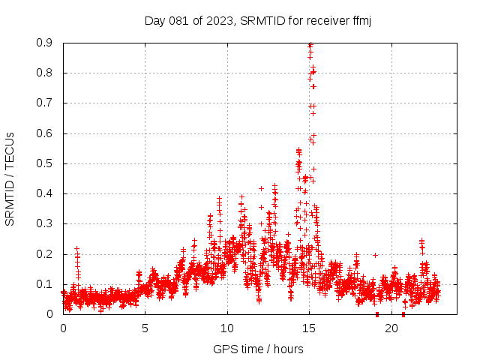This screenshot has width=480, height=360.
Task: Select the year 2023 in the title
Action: [x=219, y=21]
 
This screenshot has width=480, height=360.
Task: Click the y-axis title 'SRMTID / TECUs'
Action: [x=10, y=178]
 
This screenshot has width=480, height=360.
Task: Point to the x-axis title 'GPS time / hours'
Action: [x=258, y=349]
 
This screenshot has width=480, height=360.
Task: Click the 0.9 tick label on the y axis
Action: [x=45, y=43]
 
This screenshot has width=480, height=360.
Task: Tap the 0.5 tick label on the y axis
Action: [x=45, y=163]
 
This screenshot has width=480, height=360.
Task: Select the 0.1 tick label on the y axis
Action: [x=45, y=284]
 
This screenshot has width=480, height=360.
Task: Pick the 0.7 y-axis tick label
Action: [x=45, y=103]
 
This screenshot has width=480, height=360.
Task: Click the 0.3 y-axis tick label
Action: [x=45, y=223]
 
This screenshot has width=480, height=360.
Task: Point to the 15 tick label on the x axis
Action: [x=309, y=328]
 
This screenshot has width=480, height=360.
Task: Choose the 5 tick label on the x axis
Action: [x=145, y=328]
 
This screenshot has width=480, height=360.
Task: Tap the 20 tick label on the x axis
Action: [x=391, y=328]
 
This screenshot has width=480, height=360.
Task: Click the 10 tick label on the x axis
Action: [x=227, y=328]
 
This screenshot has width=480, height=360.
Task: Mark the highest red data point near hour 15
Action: [x=310, y=45]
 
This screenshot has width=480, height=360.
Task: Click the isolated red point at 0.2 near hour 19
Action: [x=375, y=255]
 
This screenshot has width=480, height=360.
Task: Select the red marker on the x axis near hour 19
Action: [x=377, y=314]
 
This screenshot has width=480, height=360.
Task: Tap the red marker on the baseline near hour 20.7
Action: [x=403, y=314]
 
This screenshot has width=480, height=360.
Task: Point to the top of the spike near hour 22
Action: [x=421, y=241]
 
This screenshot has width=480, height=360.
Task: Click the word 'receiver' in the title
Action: [x=325, y=21]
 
